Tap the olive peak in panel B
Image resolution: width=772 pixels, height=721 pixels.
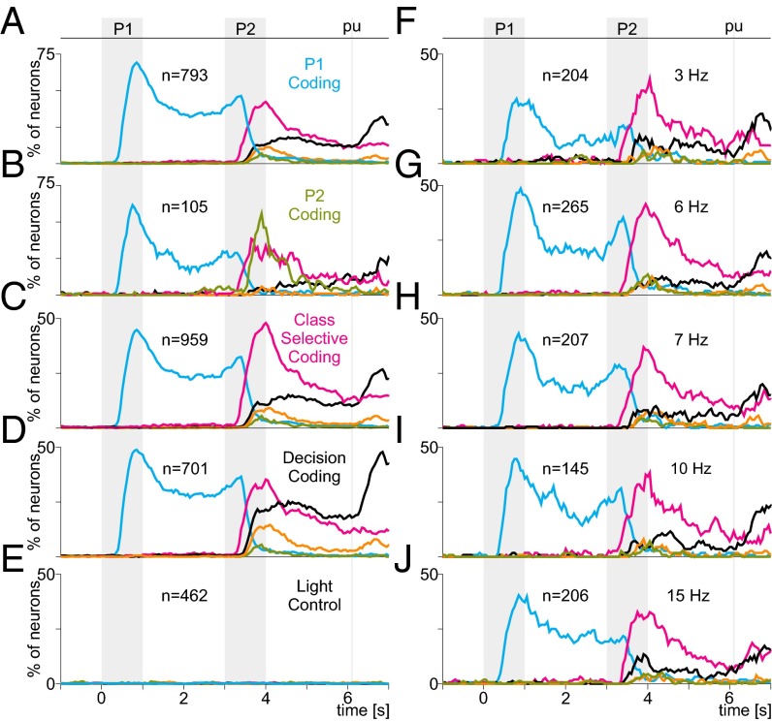pyautogui.click(x=261, y=211)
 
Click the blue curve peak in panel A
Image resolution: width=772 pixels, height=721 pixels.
pyautogui.click(x=136, y=63)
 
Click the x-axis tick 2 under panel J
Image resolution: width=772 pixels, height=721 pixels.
pyautogui.click(x=564, y=699)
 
